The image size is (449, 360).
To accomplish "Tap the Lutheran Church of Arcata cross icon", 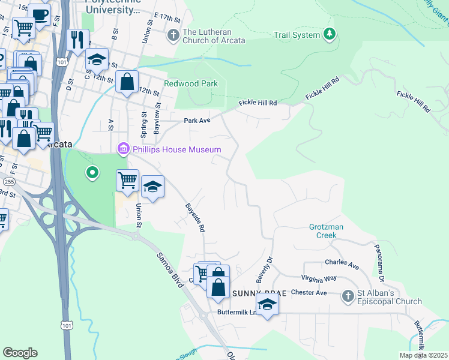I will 173,35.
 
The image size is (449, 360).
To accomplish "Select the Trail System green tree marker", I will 329,35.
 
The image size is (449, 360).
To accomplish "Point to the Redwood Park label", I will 191,83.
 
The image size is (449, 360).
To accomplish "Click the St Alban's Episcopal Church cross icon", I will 348,296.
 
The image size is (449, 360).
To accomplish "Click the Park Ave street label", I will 197,121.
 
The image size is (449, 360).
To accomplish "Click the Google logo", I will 20,353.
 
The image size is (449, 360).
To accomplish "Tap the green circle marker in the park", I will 92,173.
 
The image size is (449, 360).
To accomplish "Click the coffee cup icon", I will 40,14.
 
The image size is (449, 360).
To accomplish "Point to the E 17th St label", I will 167,14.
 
